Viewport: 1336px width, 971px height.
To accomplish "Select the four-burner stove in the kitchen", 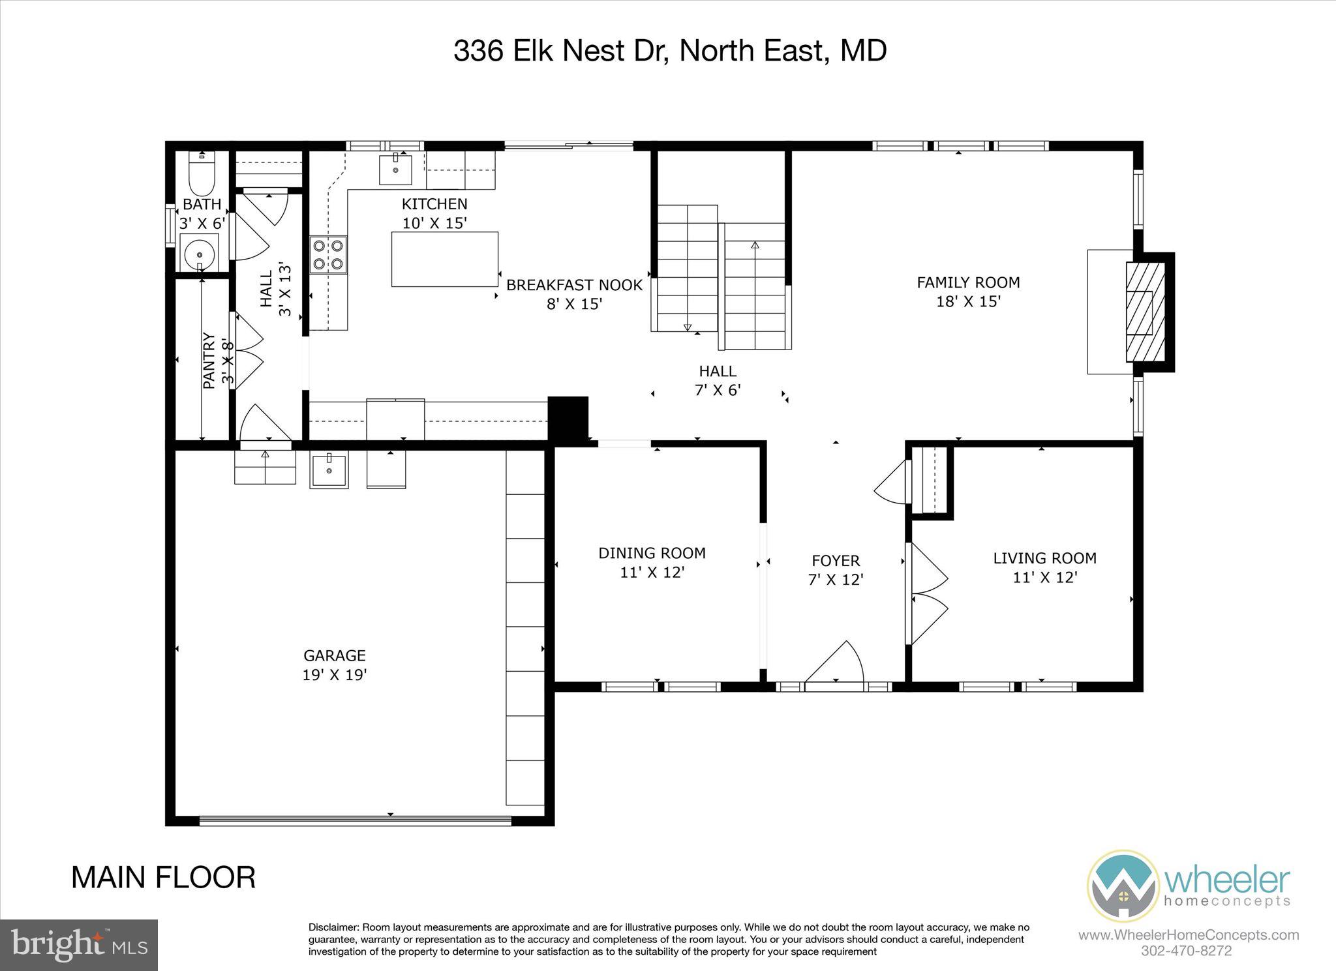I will pyautogui.click(x=329, y=254).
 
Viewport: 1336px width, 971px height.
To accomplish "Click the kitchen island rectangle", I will pyautogui.click(x=444, y=259).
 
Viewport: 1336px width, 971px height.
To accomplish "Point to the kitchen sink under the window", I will pyautogui.click(x=395, y=171).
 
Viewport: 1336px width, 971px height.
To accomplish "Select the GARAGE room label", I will pyautogui.click(x=334, y=655).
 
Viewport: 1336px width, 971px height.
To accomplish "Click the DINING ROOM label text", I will pyautogui.click(x=652, y=553).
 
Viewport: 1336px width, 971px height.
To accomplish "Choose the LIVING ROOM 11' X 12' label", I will pyautogui.click(x=1044, y=567).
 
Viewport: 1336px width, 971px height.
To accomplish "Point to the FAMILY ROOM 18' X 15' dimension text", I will pyautogui.click(x=968, y=301).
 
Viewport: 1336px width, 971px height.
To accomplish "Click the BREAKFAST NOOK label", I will pyautogui.click(x=574, y=285).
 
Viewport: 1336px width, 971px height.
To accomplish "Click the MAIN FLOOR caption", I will pyautogui.click(x=163, y=878).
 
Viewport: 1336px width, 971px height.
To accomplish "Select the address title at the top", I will pyautogui.click(x=670, y=51).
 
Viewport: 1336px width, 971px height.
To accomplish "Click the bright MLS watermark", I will pyautogui.click(x=79, y=944).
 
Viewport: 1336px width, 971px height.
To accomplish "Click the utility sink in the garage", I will pyautogui.click(x=329, y=468).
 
